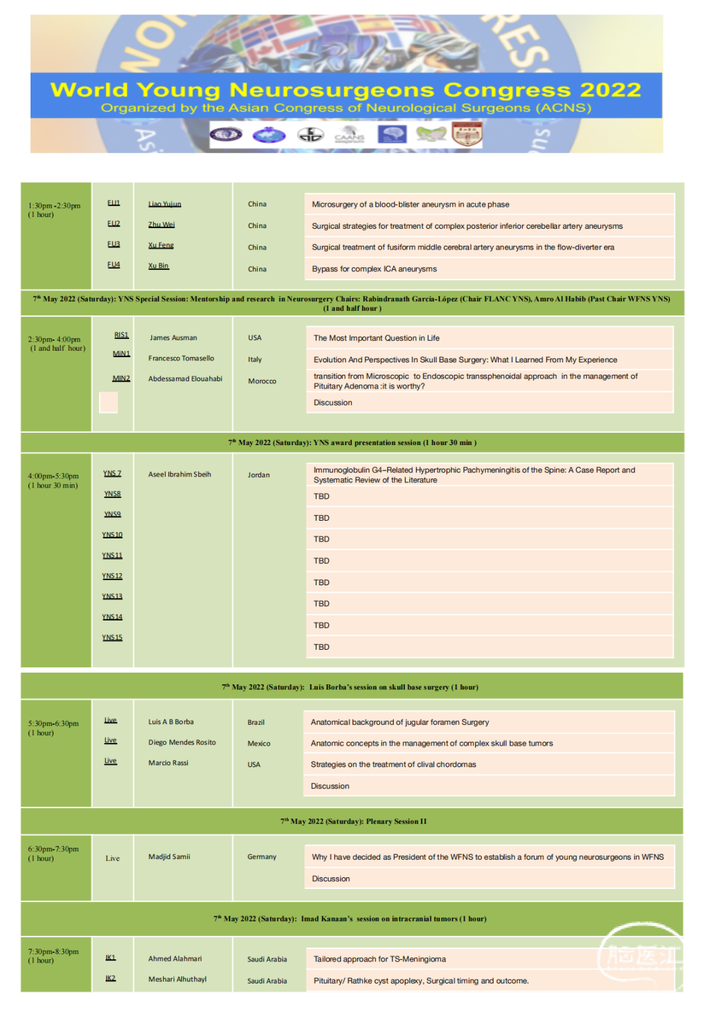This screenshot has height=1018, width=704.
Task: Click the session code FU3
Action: pyautogui.click(x=113, y=244)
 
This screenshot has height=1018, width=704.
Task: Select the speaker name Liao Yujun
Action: pyautogui.click(x=164, y=204)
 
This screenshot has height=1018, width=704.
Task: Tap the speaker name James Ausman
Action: pyautogui.click(x=173, y=338)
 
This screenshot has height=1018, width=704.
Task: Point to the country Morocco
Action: pyautogui.click(x=262, y=381)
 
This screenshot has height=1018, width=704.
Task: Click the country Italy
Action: pyautogui.click(x=255, y=360)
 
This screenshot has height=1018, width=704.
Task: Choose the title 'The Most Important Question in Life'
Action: pyautogui.click(x=376, y=338)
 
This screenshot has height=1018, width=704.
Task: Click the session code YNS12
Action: pyautogui.click(x=112, y=576)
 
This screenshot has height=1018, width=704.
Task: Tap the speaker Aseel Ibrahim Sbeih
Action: pyautogui.click(x=179, y=474)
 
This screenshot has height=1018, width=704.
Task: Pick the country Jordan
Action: pyautogui.click(x=259, y=475)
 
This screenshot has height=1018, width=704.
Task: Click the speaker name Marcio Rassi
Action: pyautogui.click(x=168, y=763)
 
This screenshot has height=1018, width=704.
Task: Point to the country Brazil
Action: pyautogui.click(x=256, y=723)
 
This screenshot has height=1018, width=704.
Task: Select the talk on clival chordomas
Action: pyautogui.click(x=393, y=764)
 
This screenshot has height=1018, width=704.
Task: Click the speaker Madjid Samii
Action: pyautogui.click(x=169, y=857)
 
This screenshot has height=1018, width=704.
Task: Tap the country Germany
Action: pyautogui.click(x=262, y=857)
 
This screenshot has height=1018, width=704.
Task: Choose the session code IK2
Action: pyautogui.click(x=111, y=978)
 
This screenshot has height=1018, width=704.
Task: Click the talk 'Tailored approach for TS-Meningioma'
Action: pyautogui.click(x=379, y=959)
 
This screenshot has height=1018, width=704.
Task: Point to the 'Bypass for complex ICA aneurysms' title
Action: pyautogui.click(x=374, y=269)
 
